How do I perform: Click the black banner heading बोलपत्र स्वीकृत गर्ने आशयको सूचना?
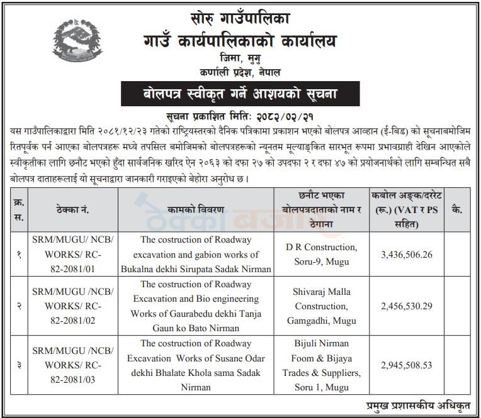tap(239, 96)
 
